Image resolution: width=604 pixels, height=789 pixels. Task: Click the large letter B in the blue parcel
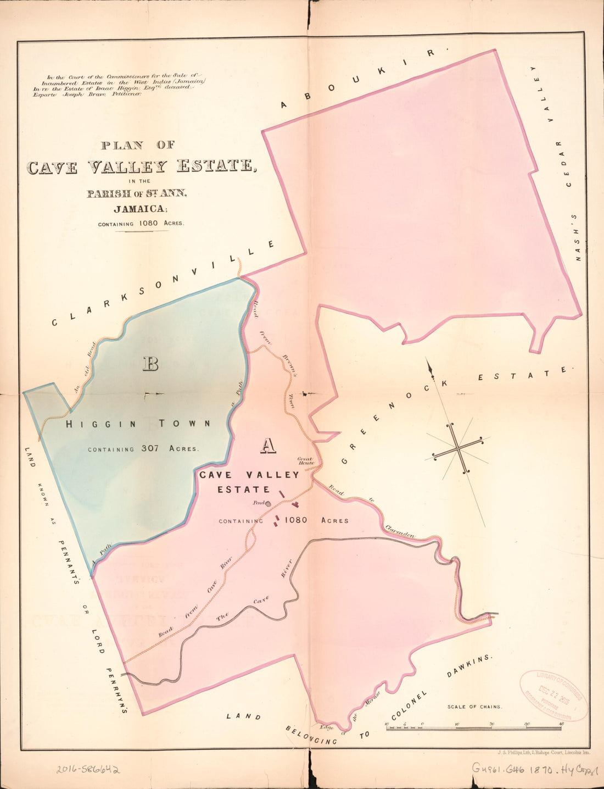(150, 364)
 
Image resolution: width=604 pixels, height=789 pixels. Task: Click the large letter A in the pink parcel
(267, 446)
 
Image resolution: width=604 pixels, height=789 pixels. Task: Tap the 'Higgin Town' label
(138, 424)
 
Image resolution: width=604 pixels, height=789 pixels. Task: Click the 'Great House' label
(306, 460)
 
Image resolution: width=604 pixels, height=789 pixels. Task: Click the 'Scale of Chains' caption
(474, 707)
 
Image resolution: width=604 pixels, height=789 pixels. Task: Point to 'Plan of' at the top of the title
(138, 146)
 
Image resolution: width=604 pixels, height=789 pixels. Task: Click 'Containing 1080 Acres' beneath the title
(141, 224)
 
